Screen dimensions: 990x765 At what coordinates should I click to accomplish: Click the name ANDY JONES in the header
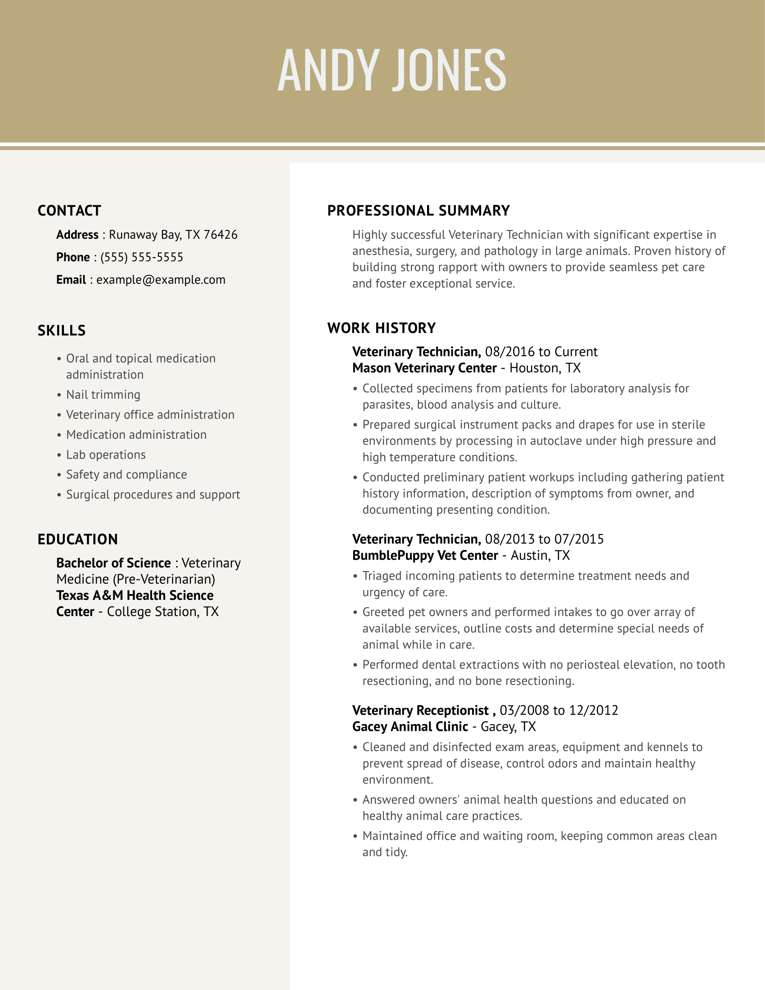tap(391, 70)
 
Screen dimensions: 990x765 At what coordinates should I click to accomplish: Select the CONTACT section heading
tap(69, 211)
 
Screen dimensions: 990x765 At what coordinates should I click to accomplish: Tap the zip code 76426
tap(220, 235)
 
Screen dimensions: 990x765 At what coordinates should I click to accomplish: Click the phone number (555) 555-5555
tap(142, 257)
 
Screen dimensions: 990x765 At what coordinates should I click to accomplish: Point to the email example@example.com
tap(161, 280)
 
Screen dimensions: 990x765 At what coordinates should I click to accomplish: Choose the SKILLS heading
tap(62, 330)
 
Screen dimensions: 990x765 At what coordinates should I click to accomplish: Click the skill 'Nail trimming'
tap(103, 395)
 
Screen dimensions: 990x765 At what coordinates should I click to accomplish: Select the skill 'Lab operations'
tap(106, 454)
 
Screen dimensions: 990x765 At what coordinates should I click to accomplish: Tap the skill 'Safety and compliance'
tap(126, 475)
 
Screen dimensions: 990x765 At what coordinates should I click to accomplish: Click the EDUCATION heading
tap(77, 540)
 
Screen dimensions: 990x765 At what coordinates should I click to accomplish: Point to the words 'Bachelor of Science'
tap(113, 563)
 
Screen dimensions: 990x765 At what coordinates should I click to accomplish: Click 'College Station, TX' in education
tap(163, 612)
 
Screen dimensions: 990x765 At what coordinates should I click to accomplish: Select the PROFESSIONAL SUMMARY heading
tap(418, 211)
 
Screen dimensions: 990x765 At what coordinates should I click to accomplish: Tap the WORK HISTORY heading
tap(381, 328)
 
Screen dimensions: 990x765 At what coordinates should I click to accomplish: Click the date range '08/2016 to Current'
tap(541, 352)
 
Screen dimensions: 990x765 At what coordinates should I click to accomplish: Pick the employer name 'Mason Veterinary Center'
tap(424, 368)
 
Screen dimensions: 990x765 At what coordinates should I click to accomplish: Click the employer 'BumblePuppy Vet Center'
tap(425, 556)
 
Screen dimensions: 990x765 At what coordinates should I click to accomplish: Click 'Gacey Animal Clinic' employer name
tap(409, 727)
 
